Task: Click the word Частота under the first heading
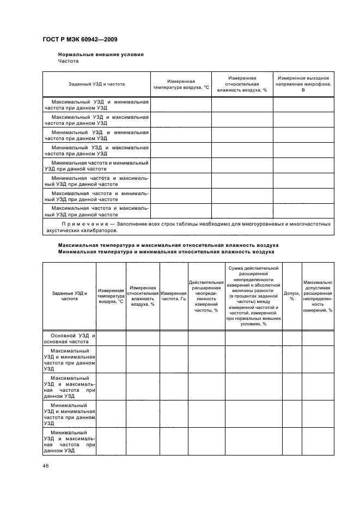click(69, 62)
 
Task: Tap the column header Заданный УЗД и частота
click(96, 84)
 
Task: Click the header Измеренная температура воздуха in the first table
click(181, 84)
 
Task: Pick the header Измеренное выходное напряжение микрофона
click(303, 84)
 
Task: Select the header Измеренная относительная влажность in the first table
click(242, 84)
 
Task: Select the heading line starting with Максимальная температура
click(168, 245)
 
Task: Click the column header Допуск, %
click(292, 296)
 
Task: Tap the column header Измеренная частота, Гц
click(174, 296)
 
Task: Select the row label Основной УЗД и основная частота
click(69, 338)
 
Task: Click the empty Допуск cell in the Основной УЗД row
click(292, 338)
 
